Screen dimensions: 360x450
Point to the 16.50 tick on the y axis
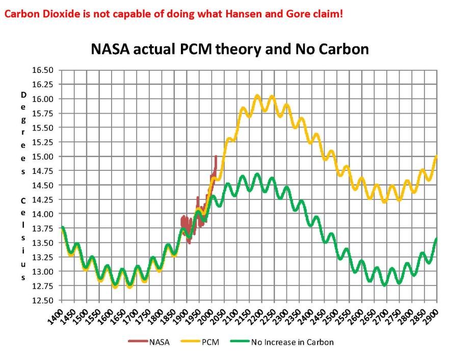[x=44, y=70]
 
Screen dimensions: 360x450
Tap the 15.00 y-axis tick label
[x=44, y=157]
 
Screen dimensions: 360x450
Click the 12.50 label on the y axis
[x=44, y=300]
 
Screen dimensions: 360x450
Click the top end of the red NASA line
[x=216, y=157]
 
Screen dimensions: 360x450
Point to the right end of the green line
[x=437, y=239]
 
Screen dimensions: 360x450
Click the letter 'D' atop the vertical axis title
[x=23, y=95]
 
